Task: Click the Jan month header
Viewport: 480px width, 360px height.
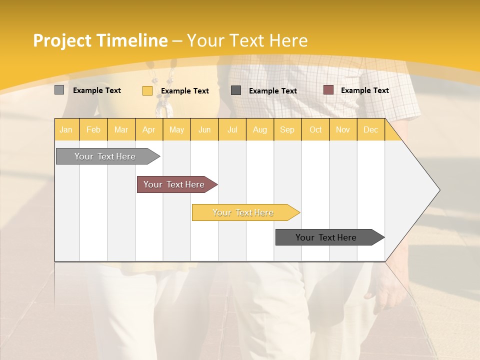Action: [66, 129]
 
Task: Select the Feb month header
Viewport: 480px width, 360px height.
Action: [93, 129]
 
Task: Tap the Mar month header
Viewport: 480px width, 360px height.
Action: [121, 129]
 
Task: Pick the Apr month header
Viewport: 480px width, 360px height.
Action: [149, 129]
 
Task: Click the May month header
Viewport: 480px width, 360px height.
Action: [176, 129]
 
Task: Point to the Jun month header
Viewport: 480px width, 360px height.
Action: [204, 129]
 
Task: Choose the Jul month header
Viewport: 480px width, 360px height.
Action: [232, 129]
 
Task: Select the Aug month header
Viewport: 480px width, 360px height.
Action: [260, 129]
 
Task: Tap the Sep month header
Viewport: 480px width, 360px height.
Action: [287, 129]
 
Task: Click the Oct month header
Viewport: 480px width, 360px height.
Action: [315, 129]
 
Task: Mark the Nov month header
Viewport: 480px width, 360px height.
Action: [343, 129]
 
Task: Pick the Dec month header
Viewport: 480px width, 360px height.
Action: [371, 129]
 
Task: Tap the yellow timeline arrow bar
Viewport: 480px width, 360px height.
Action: [243, 212]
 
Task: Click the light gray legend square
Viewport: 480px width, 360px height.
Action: [59, 90]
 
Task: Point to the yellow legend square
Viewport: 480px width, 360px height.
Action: [147, 90]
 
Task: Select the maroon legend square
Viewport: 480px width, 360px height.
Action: [328, 90]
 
